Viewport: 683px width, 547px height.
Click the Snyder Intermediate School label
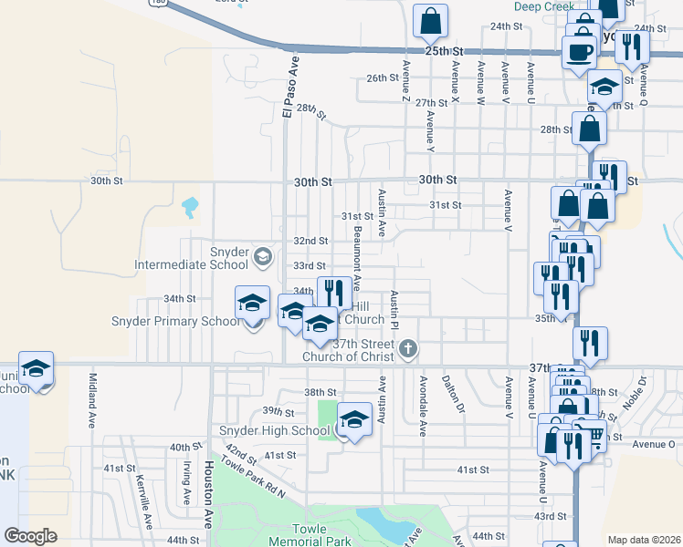pyautogui.click(x=192, y=258)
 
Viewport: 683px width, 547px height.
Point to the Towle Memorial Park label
pyautogui.click(x=320, y=535)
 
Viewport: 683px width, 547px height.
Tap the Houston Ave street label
pyautogui.click(x=209, y=493)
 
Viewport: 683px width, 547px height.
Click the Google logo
pyautogui.click(x=30, y=535)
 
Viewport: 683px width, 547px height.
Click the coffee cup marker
pyautogui.click(x=578, y=52)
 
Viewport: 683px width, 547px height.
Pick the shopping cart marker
pyautogui.click(x=595, y=437)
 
